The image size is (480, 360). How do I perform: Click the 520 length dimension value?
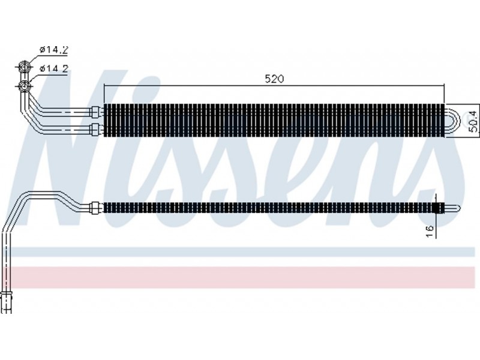(x=274, y=79)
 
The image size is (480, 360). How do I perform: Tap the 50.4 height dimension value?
(x=473, y=122)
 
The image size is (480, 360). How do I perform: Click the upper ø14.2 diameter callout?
(x=53, y=49)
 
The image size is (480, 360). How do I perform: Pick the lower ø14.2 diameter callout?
(x=53, y=68)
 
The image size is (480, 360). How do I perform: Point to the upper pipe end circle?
(x=24, y=66)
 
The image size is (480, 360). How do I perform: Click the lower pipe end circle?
(x=24, y=86)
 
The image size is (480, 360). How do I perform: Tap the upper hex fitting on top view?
(x=95, y=111)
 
